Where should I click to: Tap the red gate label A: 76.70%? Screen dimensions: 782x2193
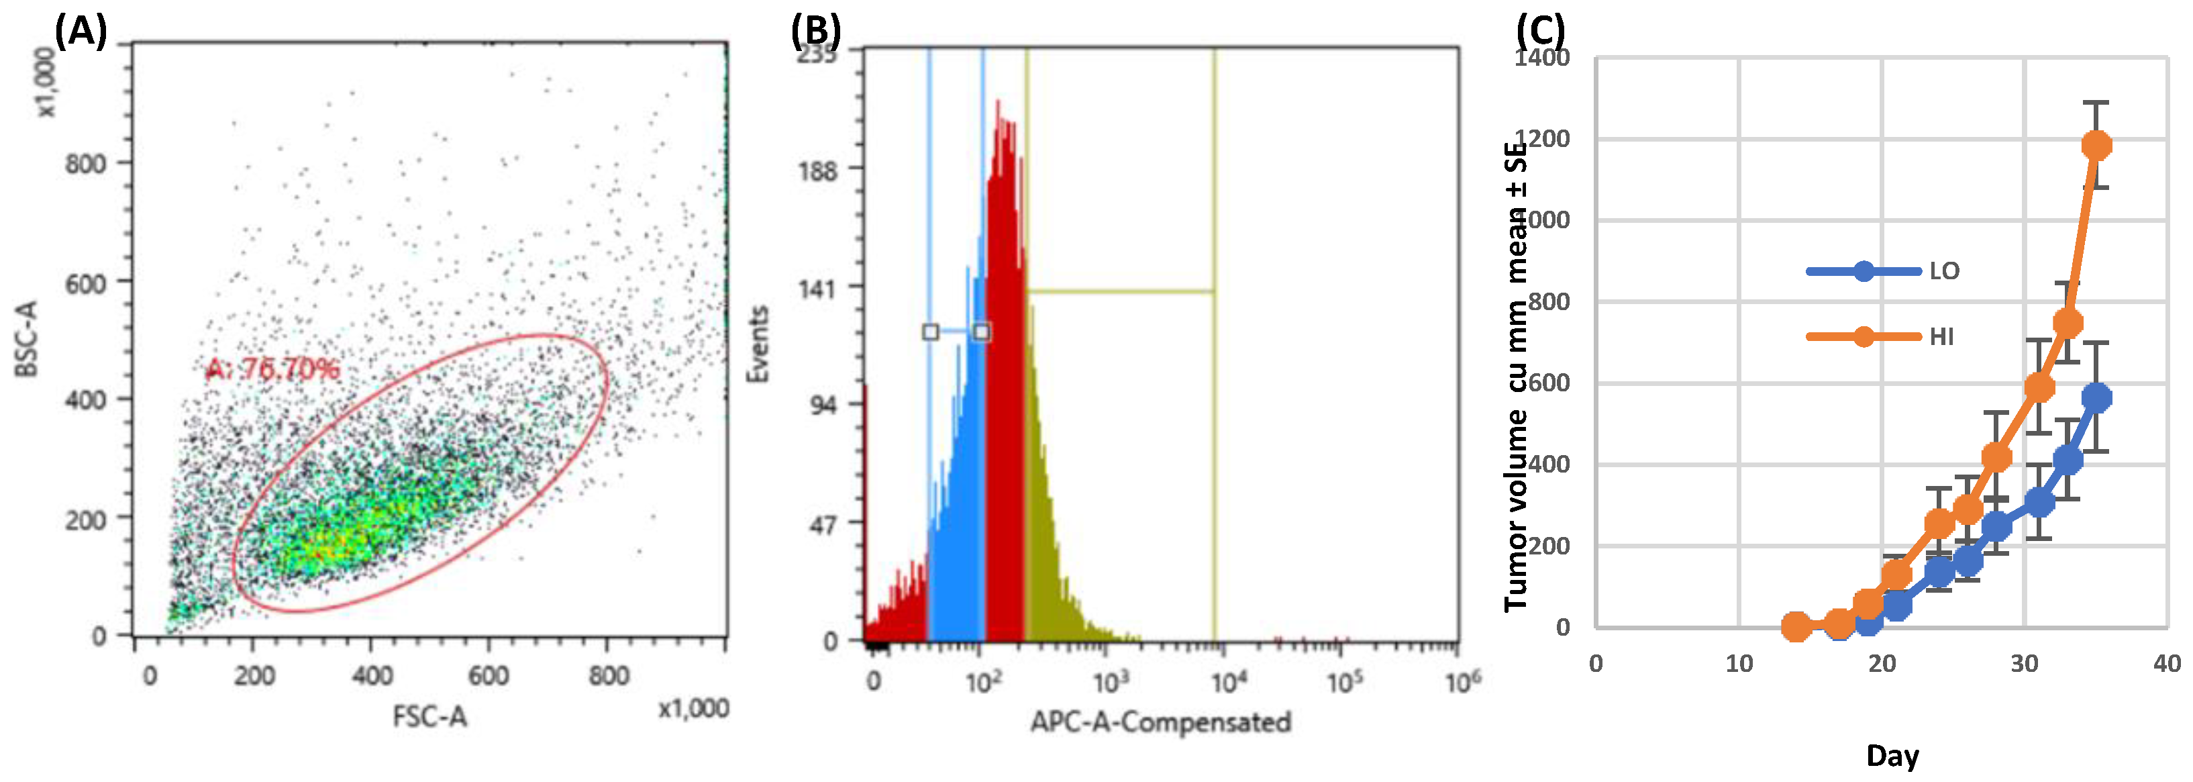[x=272, y=369]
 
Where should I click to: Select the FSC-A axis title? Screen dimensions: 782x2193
[x=430, y=716]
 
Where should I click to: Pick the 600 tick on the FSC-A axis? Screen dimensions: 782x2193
[x=489, y=677]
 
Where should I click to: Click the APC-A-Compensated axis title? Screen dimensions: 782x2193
[x=1160, y=722]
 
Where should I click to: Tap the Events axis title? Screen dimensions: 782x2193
[x=757, y=344]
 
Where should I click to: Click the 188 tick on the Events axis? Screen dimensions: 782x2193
[x=817, y=170]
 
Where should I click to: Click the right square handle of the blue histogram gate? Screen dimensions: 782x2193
[x=982, y=332]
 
